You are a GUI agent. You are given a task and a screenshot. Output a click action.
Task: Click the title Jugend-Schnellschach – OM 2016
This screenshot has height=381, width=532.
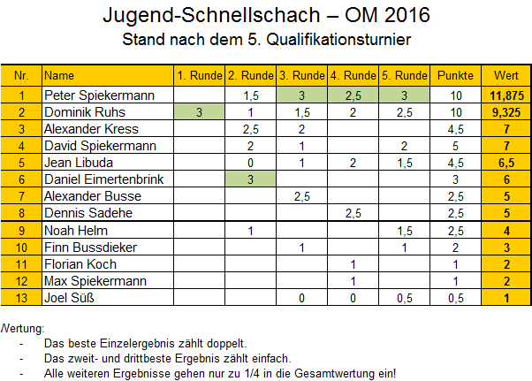(x=267, y=16)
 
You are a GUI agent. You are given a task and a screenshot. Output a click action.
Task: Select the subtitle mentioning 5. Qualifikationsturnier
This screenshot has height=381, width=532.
(x=267, y=40)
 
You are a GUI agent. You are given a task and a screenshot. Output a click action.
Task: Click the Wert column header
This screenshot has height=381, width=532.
(x=506, y=74)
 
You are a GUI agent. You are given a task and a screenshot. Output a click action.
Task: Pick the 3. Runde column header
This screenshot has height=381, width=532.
(x=303, y=74)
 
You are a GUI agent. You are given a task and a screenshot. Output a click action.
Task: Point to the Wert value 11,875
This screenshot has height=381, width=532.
(x=506, y=95)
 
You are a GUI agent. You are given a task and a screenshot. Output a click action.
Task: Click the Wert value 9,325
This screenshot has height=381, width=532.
(x=506, y=111)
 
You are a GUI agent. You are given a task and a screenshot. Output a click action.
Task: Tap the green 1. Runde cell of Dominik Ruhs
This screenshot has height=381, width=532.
(x=200, y=111)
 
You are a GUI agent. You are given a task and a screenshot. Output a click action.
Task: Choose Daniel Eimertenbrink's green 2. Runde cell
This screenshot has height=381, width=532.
(x=251, y=179)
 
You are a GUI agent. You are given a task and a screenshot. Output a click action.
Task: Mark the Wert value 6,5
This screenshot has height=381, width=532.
(x=506, y=163)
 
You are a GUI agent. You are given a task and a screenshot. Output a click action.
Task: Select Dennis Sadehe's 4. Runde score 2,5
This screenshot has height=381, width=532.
(x=353, y=213)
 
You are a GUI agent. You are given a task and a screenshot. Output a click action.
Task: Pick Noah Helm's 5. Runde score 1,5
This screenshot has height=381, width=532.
(x=405, y=231)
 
